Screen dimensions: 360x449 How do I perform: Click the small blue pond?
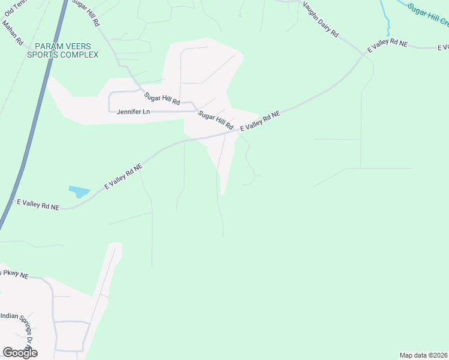79,192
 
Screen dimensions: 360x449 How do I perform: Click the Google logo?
20,353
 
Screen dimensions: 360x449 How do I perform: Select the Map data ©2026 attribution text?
423,355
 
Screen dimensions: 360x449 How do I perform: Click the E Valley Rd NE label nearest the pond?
124,177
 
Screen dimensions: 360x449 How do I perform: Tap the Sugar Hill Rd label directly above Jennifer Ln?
161,98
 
